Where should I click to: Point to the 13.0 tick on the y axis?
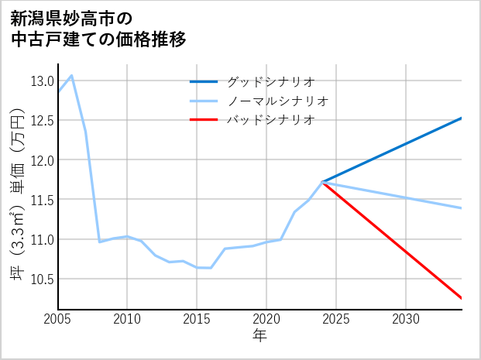pos(42,81)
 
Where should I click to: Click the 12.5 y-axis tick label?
pos(42,121)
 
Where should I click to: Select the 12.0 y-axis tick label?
pos(42,160)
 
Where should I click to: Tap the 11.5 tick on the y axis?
pos(42,200)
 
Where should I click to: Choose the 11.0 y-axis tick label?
pos(42,239)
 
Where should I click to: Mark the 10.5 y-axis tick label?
pos(42,279)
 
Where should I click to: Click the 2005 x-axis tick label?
pos(58,319)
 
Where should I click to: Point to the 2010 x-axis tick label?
pos(127,319)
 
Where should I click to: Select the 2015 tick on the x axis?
pos(197,319)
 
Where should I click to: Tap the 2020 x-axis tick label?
pos(266,319)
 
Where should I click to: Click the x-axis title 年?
pos(259,336)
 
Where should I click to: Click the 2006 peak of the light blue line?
pos(72,75)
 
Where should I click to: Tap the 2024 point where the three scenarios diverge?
pos(322,182)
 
